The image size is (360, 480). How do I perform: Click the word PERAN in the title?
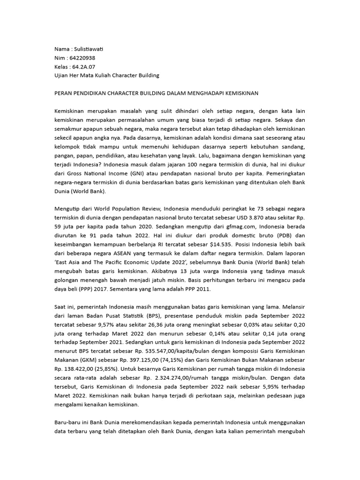64,93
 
